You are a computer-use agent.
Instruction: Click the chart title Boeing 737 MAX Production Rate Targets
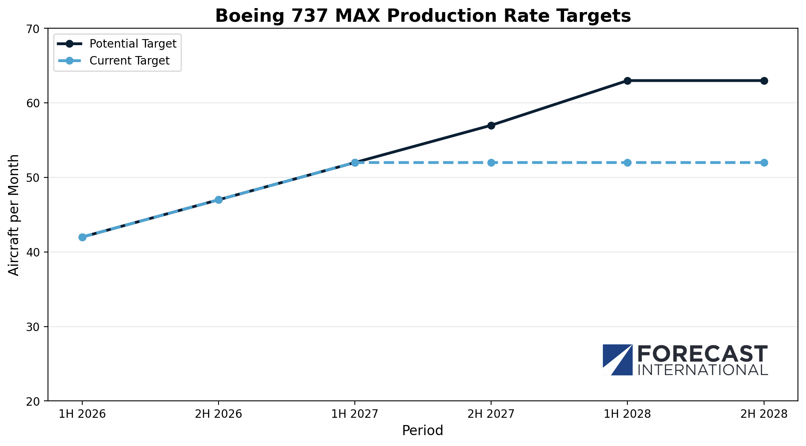(423, 16)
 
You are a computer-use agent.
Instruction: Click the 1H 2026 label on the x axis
(82, 414)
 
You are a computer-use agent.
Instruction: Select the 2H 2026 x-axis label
(219, 414)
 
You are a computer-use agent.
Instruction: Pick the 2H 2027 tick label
(491, 414)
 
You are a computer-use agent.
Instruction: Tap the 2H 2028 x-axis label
(764, 414)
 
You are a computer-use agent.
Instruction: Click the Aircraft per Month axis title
(14, 215)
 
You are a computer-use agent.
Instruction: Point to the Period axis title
(423, 431)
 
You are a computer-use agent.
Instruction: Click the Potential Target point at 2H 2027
(491, 125)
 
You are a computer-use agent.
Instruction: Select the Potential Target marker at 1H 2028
(627, 81)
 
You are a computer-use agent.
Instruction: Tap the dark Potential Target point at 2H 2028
(764, 81)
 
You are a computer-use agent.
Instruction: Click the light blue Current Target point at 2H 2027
(491, 163)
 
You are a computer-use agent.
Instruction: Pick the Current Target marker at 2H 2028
(764, 163)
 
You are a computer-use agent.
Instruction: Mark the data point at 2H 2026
(219, 200)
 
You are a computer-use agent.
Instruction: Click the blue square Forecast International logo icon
(617, 360)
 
